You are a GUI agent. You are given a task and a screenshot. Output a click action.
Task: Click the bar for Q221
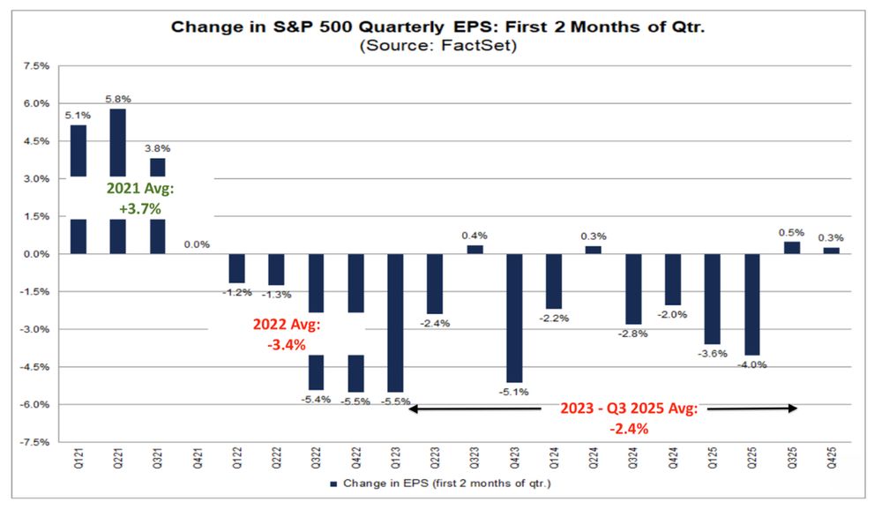pyautogui.click(x=116, y=141)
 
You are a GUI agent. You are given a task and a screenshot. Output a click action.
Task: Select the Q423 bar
pyautogui.click(x=515, y=318)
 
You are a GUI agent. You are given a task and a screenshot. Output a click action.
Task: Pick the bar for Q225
pyautogui.click(x=753, y=304)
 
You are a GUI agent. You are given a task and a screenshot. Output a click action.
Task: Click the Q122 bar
pyautogui.click(x=236, y=268)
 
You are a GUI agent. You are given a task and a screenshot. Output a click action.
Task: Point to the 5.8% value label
pyautogui.click(x=117, y=99)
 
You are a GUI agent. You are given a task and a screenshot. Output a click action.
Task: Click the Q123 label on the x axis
pyautogui.click(x=395, y=460)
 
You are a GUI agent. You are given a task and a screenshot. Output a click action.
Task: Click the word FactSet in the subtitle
pyautogui.click(x=481, y=45)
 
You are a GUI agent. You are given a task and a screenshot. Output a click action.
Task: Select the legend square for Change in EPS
pyautogui.click(x=333, y=484)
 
